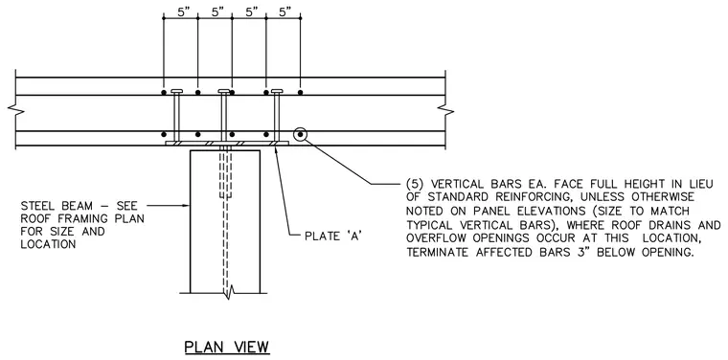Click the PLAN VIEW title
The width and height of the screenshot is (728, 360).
[x=227, y=347]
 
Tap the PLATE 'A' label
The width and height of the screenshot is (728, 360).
[x=333, y=236]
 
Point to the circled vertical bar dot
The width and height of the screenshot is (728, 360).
[x=301, y=135]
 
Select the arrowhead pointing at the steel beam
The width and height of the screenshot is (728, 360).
[x=187, y=206]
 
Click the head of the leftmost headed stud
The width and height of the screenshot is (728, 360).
[x=177, y=91]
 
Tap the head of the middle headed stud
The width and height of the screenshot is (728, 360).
[x=224, y=91]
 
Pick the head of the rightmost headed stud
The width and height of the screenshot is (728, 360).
[x=277, y=91]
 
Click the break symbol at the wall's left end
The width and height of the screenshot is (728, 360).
[x=13, y=109]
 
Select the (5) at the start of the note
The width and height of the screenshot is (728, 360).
[x=415, y=184]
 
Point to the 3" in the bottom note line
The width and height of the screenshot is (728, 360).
[x=591, y=253]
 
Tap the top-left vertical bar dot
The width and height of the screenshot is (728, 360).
[x=164, y=92]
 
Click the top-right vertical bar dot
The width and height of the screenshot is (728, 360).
[x=301, y=92]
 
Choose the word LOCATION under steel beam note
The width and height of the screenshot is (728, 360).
[x=48, y=244]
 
